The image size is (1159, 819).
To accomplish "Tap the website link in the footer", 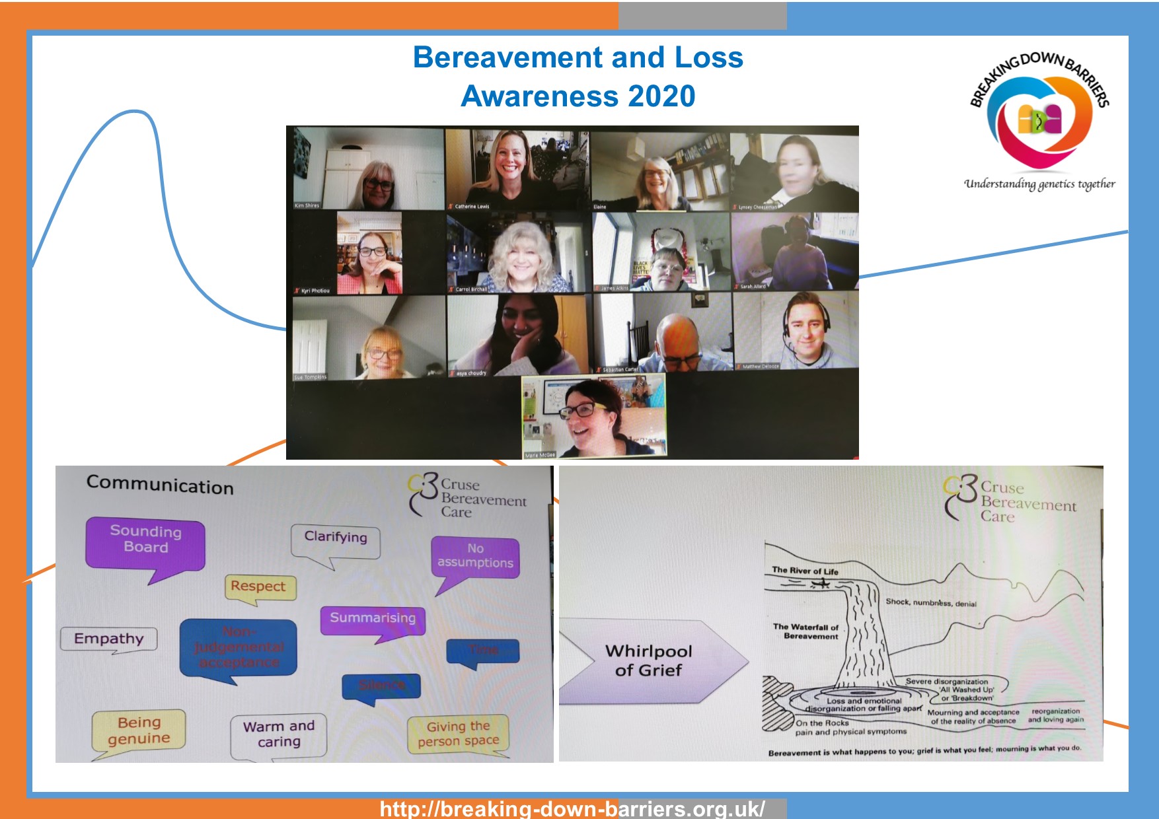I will click(x=572, y=809).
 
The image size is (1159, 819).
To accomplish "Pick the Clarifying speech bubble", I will click(x=336, y=540).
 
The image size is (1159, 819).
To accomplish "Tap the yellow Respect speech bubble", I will click(x=258, y=587).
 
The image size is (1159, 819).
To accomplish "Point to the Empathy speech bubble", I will click(x=109, y=639).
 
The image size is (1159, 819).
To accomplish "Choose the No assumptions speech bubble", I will click(x=475, y=556).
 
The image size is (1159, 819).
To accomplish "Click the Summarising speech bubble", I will click(x=373, y=619).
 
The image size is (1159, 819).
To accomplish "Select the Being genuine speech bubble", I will click(x=139, y=730).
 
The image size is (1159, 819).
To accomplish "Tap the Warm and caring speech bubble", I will click(x=278, y=734).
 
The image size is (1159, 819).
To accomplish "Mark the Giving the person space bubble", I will click(x=458, y=734).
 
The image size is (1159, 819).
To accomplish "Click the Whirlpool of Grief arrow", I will click(x=651, y=660).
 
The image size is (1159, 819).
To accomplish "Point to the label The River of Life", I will click(x=805, y=570).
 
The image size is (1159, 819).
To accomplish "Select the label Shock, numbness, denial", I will click(x=930, y=602).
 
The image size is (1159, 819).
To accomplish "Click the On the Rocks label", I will click(x=822, y=723).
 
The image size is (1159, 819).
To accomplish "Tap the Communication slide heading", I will click(x=160, y=485).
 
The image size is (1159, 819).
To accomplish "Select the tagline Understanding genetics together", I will click(x=1039, y=184).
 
